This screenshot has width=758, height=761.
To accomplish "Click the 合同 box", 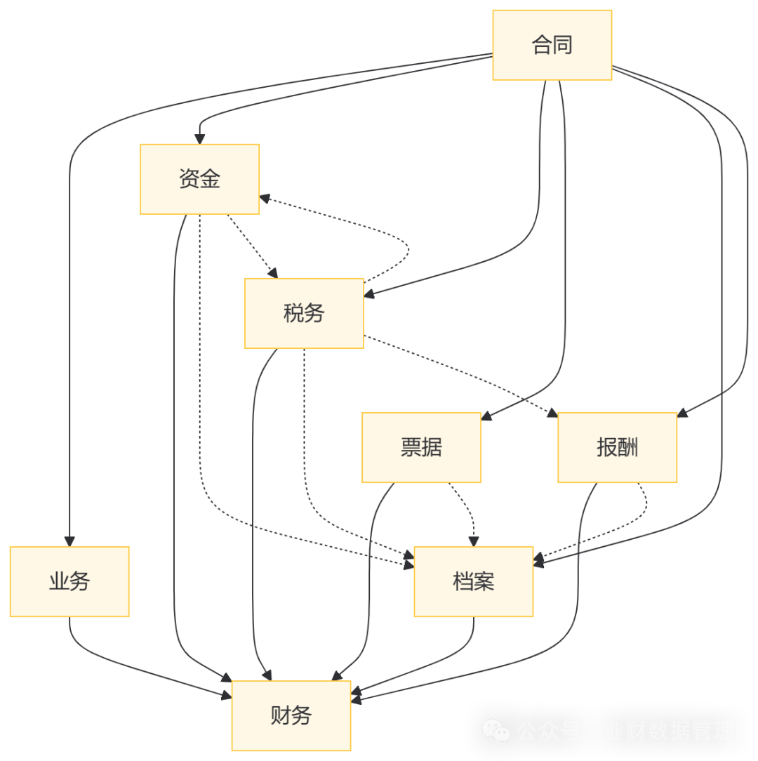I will pos(552,45).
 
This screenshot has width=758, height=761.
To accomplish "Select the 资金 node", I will pos(200,179).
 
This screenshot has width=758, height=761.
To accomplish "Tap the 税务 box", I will pos(304,313).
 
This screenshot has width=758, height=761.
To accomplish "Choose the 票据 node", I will pos(421,448).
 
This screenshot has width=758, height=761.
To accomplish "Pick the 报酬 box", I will pos(617,448).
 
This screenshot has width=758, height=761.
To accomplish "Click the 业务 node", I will pos(69,582).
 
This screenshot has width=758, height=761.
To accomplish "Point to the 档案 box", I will pos(474,582).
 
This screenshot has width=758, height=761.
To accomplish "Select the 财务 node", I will pos(291,716).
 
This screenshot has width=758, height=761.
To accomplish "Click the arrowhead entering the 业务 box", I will pos(69,541).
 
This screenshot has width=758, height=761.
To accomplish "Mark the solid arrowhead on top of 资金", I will pos(200,138).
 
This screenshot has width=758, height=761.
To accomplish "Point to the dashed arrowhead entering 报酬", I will pos(552,413).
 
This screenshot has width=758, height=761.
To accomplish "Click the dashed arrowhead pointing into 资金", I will pos(265,198).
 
